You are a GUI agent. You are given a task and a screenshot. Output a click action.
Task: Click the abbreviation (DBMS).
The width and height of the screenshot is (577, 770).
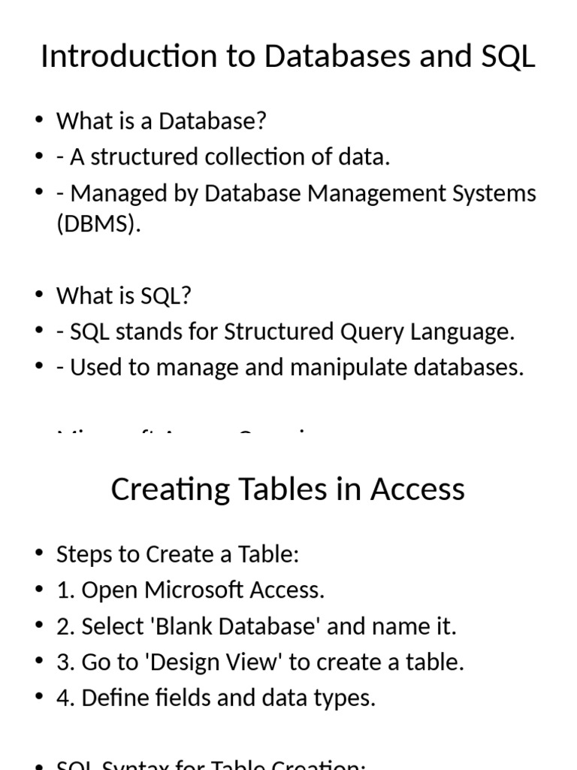pos(98,224)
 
